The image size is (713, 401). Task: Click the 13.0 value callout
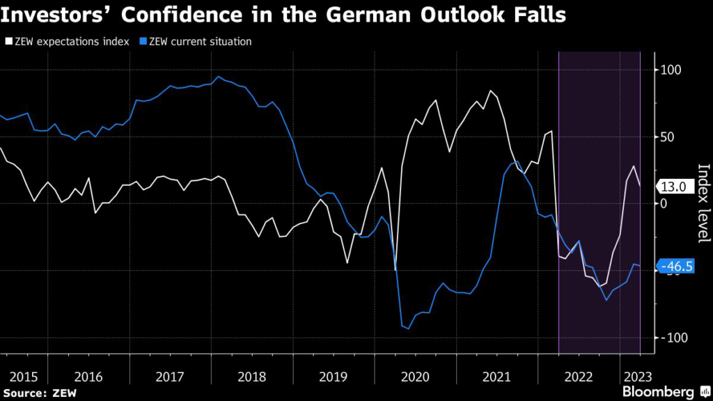click(673, 187)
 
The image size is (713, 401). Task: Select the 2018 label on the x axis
click(252, 377)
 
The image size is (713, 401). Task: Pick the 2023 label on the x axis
click(638, 377)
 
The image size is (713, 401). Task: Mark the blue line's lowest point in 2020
click(408, 328)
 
